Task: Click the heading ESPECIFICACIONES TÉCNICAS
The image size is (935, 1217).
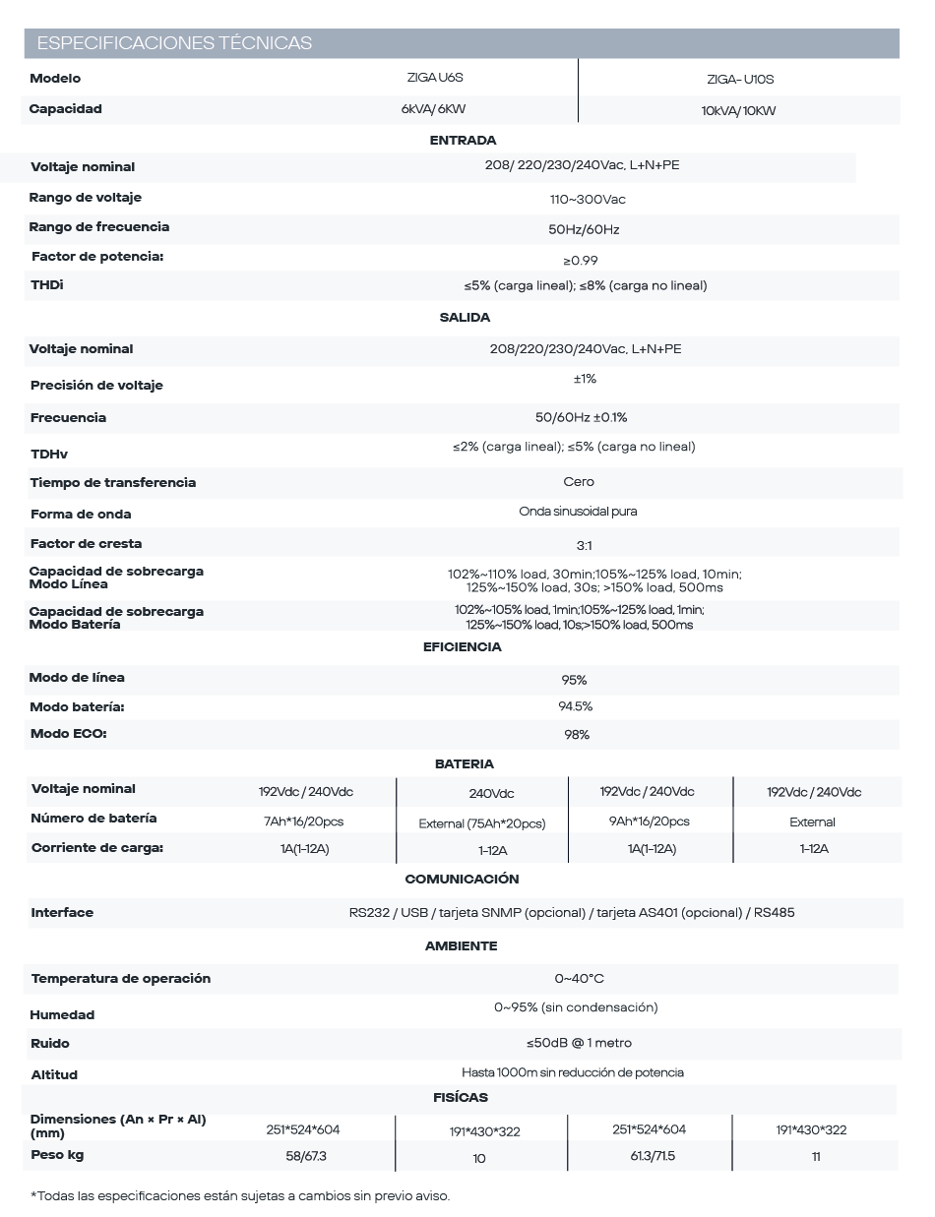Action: click(x=174, y=43)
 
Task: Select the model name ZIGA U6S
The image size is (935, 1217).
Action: click(x=434, y=77)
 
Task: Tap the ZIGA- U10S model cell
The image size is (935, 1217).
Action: click(x=733, y=80)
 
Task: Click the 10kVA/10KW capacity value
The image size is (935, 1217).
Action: click(x=738, y=111)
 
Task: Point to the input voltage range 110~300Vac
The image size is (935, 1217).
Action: click(x=587, y=200)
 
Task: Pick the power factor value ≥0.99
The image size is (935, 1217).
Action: click(x=580, y=261)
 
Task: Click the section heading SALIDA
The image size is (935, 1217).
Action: click(x=465, y=318)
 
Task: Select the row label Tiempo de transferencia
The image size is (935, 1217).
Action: click(x=113, y=483)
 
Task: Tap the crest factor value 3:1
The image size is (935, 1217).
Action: click(x=584, y=545)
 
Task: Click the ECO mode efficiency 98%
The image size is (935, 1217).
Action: click(x=577, y=735)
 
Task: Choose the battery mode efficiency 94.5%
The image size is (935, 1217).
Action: click(x=576, y=706)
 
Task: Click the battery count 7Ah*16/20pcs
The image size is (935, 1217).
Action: click(x=304, y=821)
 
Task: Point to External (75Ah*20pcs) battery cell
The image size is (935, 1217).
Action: click(x=482, y=823)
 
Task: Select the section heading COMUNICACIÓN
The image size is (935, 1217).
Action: click(x=462, y=879)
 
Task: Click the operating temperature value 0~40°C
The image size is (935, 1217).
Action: click(x=579, y=979)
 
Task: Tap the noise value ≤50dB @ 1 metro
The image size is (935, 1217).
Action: click(x=579, y=1043)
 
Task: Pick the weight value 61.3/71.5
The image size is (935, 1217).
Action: click(x=653, y=1156)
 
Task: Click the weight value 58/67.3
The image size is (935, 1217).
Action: click(x=306, y=1156)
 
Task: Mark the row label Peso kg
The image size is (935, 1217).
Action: click(x=56, y=1155)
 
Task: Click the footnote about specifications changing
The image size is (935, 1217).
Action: click(x=240, y=1196)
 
